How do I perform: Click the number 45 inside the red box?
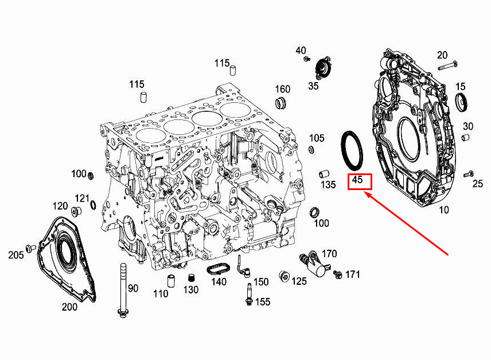click(x=358, y=180)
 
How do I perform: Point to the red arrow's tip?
click(x=367, y=195)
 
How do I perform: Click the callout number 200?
click(x=69, y=307)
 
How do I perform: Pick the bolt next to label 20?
click(x=447, y=65)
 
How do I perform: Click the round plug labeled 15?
click(x=461, y=103)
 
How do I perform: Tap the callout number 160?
click(x=283, y=89)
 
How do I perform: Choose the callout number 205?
click(x=16, y=254)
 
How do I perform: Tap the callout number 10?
click(x=444, y=210)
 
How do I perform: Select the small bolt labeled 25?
click(x=470, y=173)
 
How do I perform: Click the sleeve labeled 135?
click(x=324, y=172)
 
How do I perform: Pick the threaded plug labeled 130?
click(x=186, y=279)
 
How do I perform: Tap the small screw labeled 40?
click(x=307, y=59)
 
